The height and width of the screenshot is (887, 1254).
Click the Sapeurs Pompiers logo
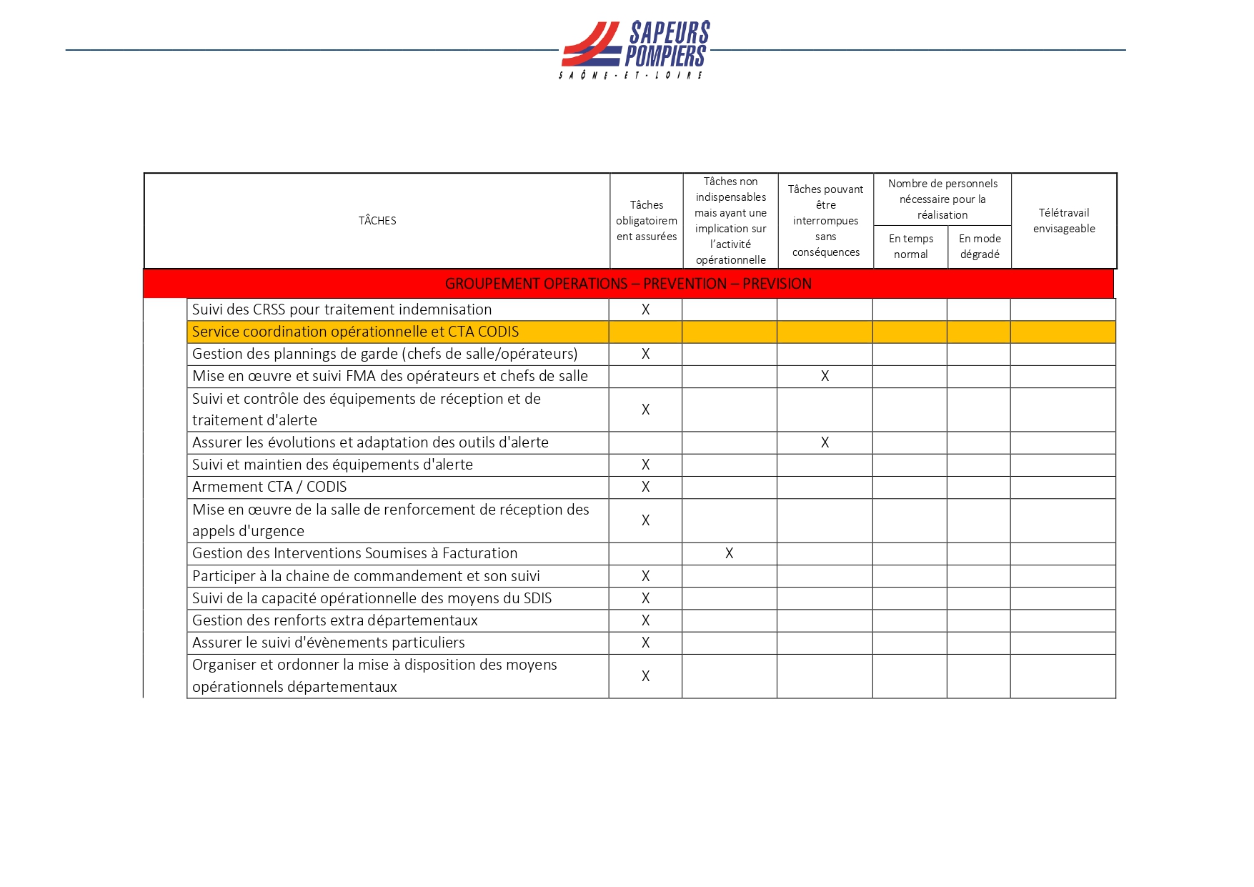pyautogui.click(x=635, y=49)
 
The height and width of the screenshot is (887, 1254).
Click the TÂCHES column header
pyautogui.click(x=377, y=221)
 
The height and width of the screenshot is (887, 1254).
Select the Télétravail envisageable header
pyautogui.click(x=1064, y=221)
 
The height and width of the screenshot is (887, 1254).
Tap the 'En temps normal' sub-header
pyautogui.click(x=911, y=247)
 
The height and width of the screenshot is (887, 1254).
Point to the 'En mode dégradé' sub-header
pyautogui.click(x=980, y=247)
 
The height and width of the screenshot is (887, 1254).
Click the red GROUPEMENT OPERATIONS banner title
pyautogui.click(x=628, y=284)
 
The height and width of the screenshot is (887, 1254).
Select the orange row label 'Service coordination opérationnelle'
pyautogui.click(x=355, y=332)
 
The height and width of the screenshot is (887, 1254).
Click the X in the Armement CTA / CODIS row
pyautogui.click(x=645, y=487)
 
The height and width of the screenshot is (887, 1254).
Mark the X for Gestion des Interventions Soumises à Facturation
pyautogui.click(x=729, y=553)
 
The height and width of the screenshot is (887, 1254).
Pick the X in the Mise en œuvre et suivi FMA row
pyautogui.click(x=825, y=376)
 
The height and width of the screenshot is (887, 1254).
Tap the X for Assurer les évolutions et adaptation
pyautogui.click(x=825, y=442)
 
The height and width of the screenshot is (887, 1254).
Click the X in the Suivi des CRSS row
pyautogui.click(x=645, y=309)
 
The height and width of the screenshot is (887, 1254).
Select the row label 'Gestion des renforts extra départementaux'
pyautogui.click(x=334, y=620)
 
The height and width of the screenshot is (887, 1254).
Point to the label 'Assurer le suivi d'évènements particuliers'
pyautogui.click(x=328, y=643)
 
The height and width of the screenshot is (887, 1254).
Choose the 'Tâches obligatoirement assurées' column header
pyautogui.click(x=647, y=221)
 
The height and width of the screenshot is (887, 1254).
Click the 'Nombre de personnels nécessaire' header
pyautogui.click(x=942, y=199)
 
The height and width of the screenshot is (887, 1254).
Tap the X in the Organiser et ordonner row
pyautogui.click(x=645, y=676)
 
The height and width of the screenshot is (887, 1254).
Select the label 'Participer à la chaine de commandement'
pyautogui.click(x=366, y=576)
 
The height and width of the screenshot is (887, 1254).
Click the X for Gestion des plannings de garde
pyautogui.click(x=645, y=354)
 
